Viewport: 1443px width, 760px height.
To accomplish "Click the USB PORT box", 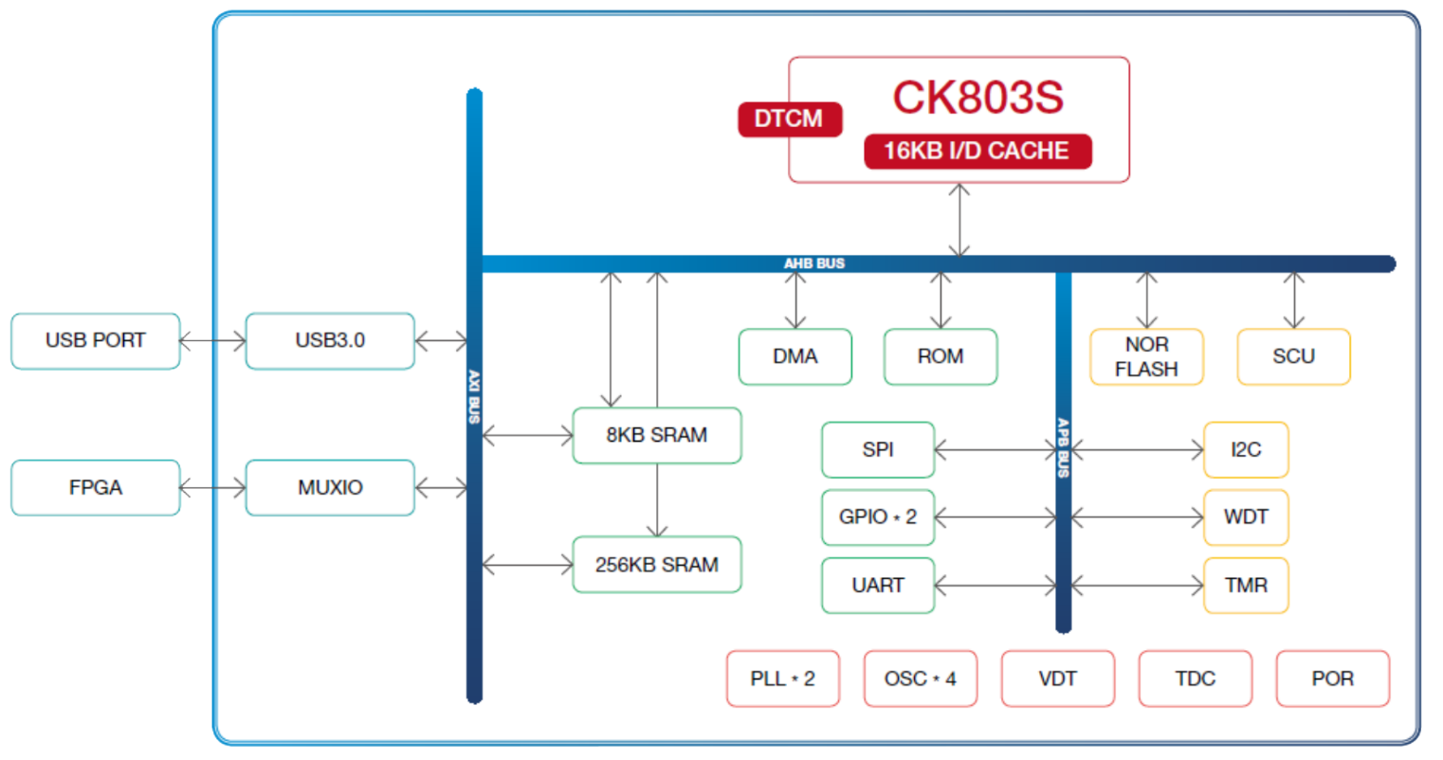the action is point(96,341).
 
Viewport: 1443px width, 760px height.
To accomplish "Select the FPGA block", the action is point(96,488).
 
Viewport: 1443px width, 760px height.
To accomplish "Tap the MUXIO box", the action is point(330,488).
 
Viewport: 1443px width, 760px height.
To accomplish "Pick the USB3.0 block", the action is point(330,341).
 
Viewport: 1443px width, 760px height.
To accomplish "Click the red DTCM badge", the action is point(790,119).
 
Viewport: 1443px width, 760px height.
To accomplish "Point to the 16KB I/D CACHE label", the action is point(977,152).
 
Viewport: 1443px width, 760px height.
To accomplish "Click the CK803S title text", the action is point(977,98).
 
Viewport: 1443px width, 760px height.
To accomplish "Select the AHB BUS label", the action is point(814,263).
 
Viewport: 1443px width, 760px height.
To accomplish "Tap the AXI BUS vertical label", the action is point(474,397).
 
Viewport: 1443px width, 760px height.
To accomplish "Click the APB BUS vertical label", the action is point(1064,447).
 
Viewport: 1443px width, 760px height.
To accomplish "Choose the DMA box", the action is point(795,357).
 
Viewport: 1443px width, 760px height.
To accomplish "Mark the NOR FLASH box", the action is point(1146,357).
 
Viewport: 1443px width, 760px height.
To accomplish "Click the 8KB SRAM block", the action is point(657,435).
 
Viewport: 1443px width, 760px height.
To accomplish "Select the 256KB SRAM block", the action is point(657,565).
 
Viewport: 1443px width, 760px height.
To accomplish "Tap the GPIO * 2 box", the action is point(878,517).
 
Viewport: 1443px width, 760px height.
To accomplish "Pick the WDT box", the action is point(1246,517).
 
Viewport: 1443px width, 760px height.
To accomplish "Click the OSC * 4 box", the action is point(921,679).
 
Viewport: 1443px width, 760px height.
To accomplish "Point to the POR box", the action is point(1333,679).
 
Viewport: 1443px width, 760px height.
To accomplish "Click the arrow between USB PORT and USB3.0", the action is point(212,341).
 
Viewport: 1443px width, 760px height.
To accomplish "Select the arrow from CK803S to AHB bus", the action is point(959,220).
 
